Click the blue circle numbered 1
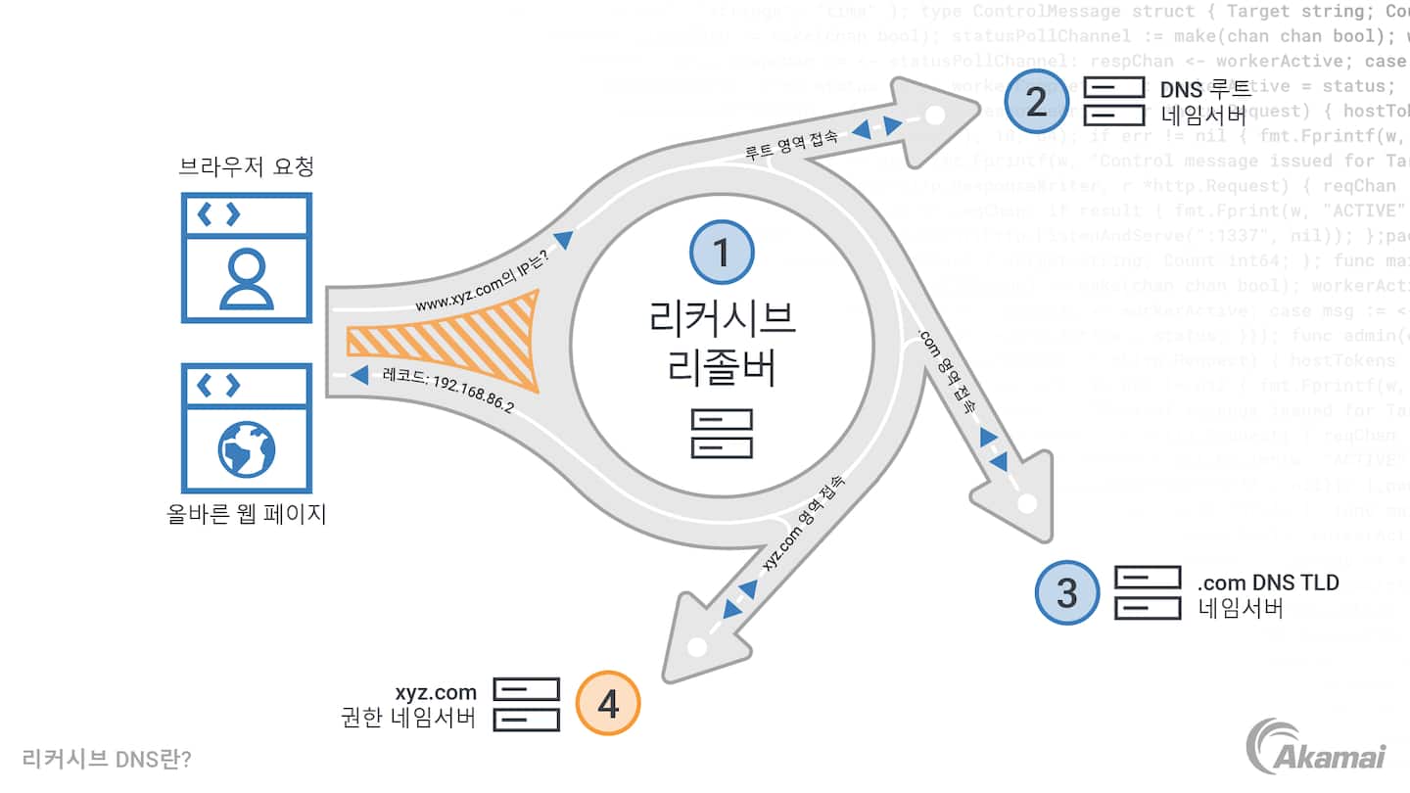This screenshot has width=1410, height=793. pos(722,253)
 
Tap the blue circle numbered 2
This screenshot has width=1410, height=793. pos(1037,102)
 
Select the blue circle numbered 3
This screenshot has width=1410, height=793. pos(1067,592)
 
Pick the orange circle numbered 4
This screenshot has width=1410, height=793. pos(608,702)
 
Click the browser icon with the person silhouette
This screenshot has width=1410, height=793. pos(246,257)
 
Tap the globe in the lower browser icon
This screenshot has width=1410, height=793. pos(246,449)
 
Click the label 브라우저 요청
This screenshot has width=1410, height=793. pos(246,166)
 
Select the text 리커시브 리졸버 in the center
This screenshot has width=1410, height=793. pos(722,343)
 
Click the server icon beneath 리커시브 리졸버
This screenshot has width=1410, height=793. pos(722,434)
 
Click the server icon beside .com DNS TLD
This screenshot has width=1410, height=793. pos(1147,592)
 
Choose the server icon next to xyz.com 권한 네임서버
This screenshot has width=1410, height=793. pos(526,703)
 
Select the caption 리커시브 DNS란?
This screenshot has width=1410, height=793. pos(106,759)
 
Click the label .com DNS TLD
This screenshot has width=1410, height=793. pos(1267,583)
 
